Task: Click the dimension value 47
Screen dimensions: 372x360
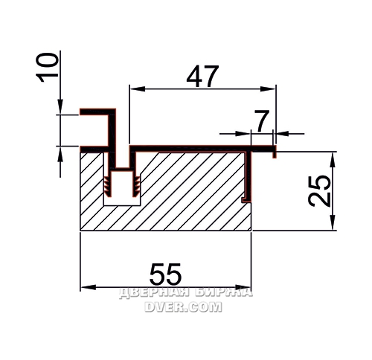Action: pos(202,76)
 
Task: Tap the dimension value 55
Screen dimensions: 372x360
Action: pos(165,274)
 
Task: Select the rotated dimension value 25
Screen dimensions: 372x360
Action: pos(319,191)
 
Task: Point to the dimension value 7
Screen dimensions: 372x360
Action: pos(263,121)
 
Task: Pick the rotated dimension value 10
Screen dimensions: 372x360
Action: pos(47,68)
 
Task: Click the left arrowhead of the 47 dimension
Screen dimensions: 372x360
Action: pos(138,89)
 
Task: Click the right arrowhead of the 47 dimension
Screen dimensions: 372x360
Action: pos(268,89)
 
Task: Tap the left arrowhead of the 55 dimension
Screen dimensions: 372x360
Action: pos(88,288)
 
